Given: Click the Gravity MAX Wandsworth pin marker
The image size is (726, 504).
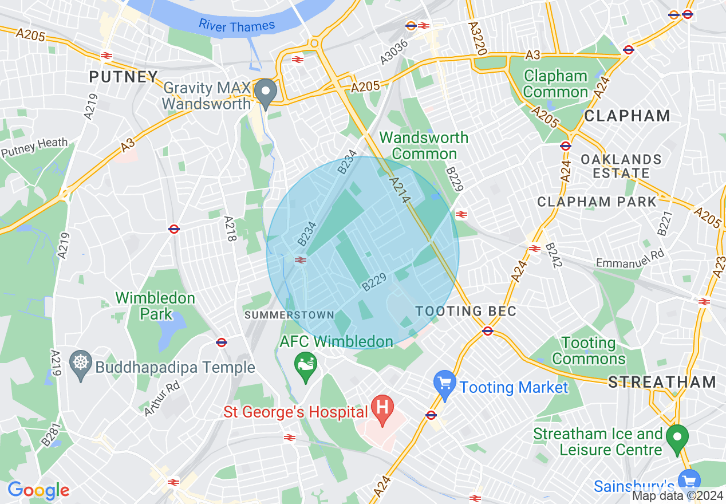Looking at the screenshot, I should pyautogui.click(x=265, y=93).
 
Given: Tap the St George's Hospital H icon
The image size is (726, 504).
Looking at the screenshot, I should pyautogui.click(x=382, y=408).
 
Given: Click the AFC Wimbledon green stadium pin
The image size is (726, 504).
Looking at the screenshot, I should pyautogui.click(x=305, y=365).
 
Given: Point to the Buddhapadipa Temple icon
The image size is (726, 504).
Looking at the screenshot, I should pyautogui.click(x=81, y=364).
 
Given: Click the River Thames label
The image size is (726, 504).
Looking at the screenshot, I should pyautogui.click(x=237, y=26).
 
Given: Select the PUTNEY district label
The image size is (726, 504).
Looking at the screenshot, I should pyautogui.click(x=123, y=77).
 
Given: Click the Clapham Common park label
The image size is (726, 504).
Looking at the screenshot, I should pyautogui.click(x=555, y=84).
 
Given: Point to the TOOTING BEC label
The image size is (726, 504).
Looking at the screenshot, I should pyautogui.click(x=466, y=312).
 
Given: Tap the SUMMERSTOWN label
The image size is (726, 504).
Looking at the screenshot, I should pyautogui.click(x=289, y=315).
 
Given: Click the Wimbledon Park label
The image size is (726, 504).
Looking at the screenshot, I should pyautogui.click(x=155, y=306).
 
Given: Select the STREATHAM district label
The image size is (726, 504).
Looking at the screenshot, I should pyautogui.click(x=662, y=383).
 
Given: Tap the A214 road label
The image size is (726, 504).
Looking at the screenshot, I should pyautogui.click(x=399, y=191).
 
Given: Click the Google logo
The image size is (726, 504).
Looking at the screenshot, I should pyautogui.click(x=38, y=490).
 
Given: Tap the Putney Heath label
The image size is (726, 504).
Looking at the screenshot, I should pyautogui.click(x=34, y=147).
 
